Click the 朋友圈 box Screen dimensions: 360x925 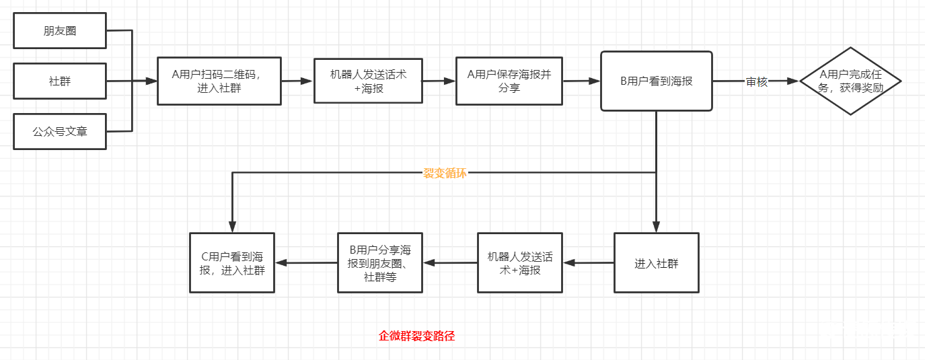[x=60, y=30]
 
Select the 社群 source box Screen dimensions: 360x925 [x=60, y=81]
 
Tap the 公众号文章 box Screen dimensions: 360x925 [x=60, y=131]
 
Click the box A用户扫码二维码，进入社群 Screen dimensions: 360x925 [x=219, y=81]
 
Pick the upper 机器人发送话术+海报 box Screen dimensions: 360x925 [x=368, y=81]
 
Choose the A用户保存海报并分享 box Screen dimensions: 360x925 [x=509, y=81]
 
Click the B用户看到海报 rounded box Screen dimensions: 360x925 [x=656, y=81]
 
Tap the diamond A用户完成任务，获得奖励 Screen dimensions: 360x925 [x=850, y=81]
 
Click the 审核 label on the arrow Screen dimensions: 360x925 [x=756, y=81]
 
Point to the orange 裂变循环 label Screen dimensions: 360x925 [x=445, y=173]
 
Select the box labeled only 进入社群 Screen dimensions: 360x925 [x=656, y=263]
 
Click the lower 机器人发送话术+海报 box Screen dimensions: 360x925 [x=520, y=263]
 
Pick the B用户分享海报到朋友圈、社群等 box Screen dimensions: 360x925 [x=380, y=263]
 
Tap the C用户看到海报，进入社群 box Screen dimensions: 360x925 [x=233, y=263]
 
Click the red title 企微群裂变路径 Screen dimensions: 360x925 [x=417, y=336]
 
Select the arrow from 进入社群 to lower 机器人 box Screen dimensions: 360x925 [x=589, y=263]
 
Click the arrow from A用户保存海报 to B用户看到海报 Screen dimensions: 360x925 [x=581, y=81]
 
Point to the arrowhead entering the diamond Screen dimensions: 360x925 [x=794, y=81]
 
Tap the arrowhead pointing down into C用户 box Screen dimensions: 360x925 [x=233, y=227]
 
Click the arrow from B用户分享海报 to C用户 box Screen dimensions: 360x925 [x=306, y=263]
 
